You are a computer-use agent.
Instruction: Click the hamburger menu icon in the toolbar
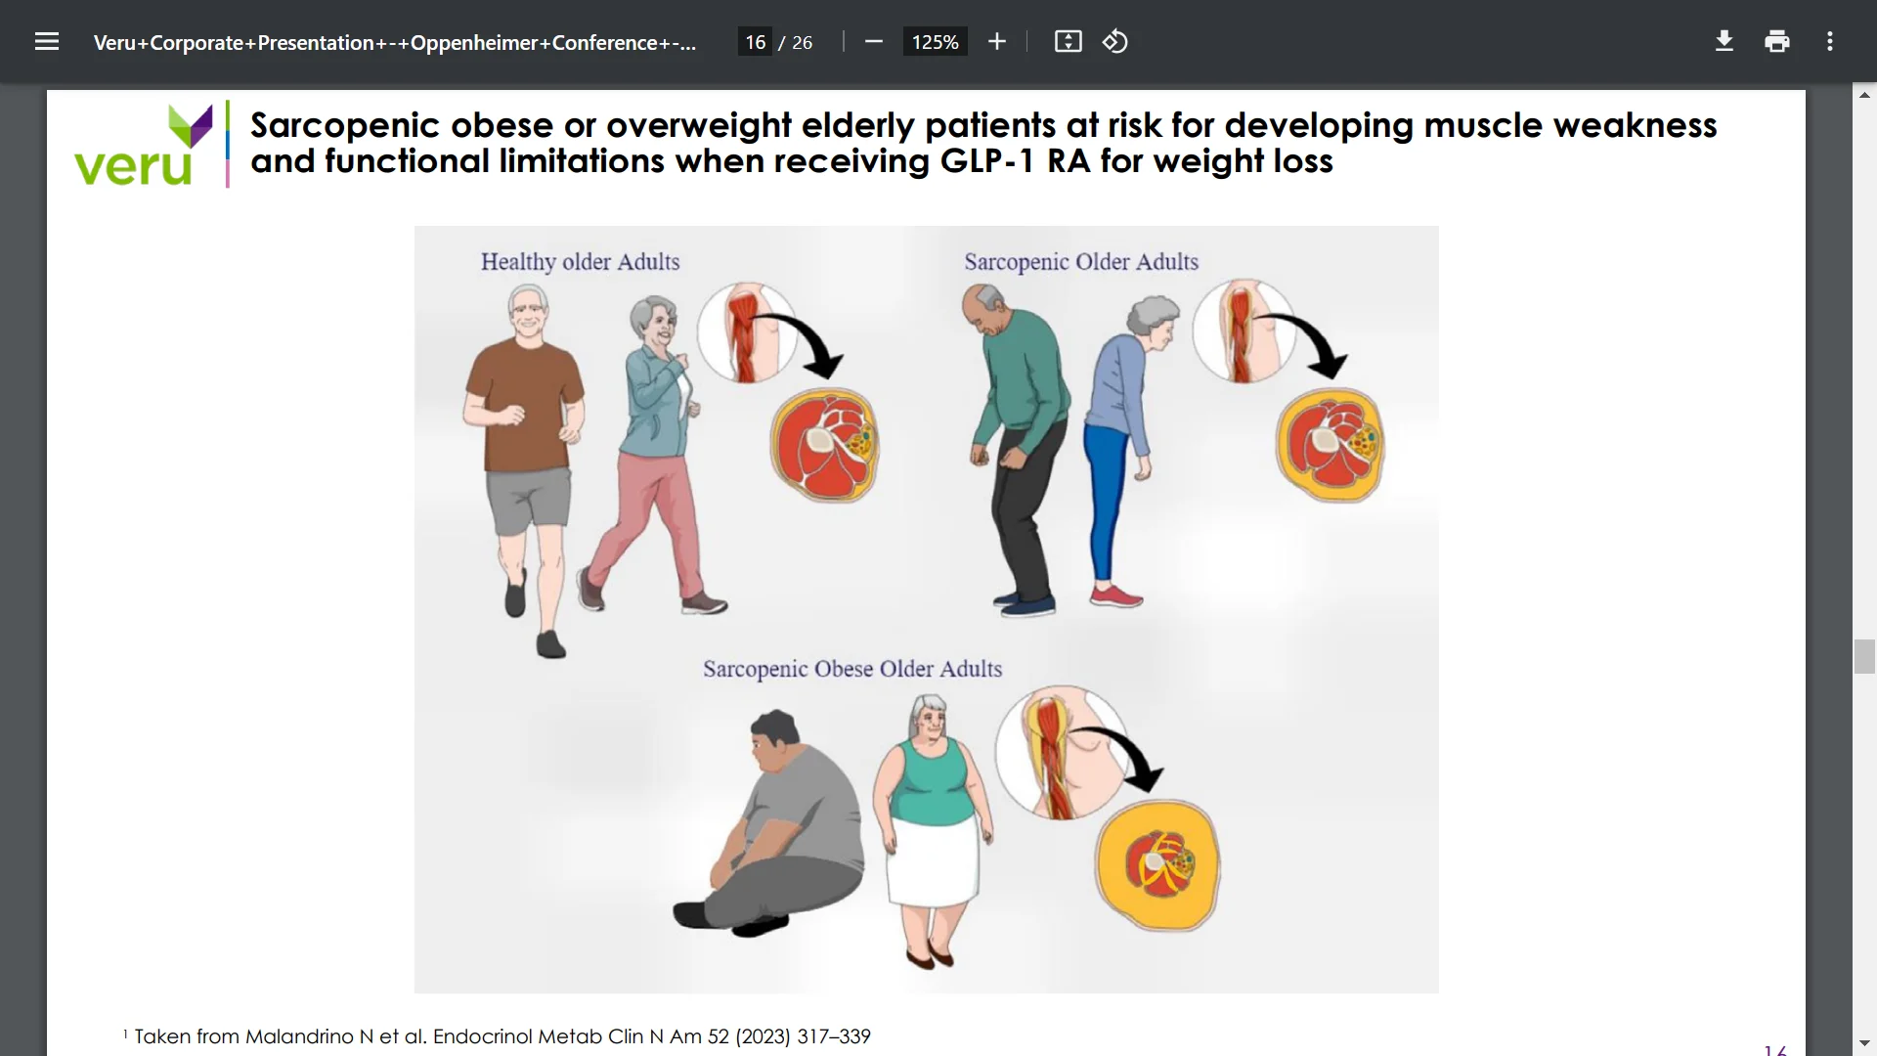47,42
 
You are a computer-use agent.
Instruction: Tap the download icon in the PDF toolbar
1724,41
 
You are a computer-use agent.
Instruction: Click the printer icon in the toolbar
1777,41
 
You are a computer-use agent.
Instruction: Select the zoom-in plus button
997,41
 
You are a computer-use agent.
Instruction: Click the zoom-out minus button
874,41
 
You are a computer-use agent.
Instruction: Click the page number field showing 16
755,42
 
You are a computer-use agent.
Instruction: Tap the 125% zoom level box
935,42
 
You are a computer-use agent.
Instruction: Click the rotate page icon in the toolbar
1115,41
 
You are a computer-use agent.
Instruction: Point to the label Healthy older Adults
580,262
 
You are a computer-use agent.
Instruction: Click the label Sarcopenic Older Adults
1081,262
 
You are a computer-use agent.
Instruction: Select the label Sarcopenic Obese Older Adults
852,669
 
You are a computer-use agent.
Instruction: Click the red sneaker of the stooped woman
1115,594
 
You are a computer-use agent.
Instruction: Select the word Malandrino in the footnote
299,1036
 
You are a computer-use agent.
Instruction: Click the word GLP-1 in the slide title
986,161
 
